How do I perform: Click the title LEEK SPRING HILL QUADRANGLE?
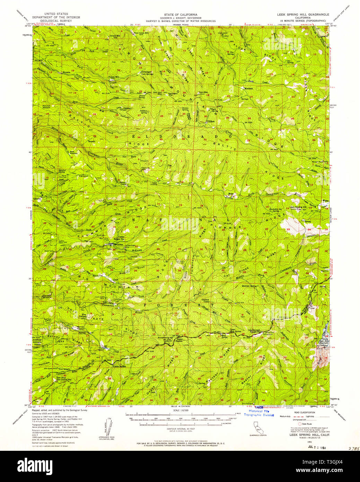[300, 15]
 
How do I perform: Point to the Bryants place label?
[67, 72]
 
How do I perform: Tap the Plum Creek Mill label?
[141, 33]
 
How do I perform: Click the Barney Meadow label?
[81, 328]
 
